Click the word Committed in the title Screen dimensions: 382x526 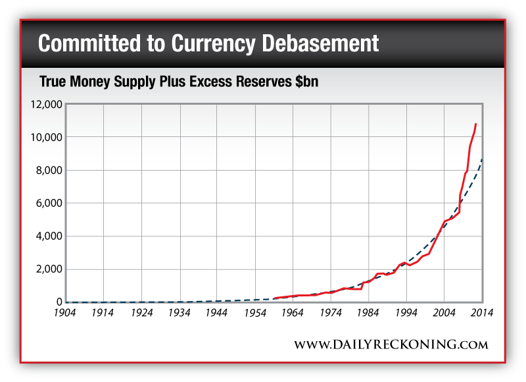(87, 43)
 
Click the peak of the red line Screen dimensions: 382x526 (475, 123)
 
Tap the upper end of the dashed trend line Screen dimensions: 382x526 (483, 159)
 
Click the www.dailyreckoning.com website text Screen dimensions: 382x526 (391, 344)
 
